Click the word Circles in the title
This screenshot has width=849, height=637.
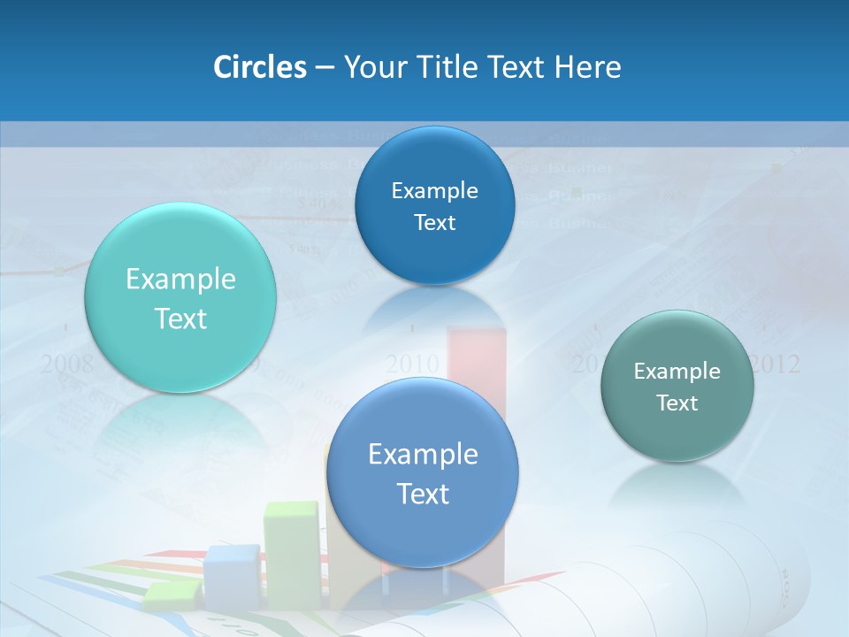pyautogui.click(x=259, y=67)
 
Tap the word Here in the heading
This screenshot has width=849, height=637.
pyautogui.click(x=587, y=67)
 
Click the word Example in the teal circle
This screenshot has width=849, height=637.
pyautogui.click(x=180, y=280)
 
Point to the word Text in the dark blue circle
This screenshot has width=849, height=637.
pyautogui.click(x=434, y=222)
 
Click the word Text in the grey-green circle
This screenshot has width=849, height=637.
pyautogui.click(x=677, y=403)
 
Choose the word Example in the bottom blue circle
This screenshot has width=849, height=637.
pyautogui.click(x=423, y=455)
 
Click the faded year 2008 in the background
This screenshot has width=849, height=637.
pyautogui.click(x=67, y=363)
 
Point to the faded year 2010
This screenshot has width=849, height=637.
pyautogui.click(x=412, y=364)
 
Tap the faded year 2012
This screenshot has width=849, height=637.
pyautogui.click(x=775, y=364)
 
